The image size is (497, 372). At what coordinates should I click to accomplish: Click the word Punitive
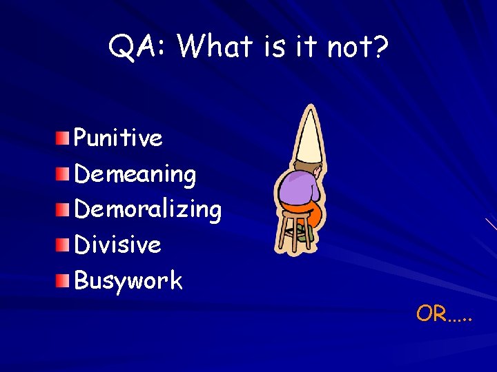click(118, 138)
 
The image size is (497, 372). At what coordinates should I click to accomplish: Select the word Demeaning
click(135, 174)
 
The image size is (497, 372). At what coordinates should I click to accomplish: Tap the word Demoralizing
click(147, 209)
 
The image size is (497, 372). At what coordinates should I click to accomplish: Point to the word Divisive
click(117, 245)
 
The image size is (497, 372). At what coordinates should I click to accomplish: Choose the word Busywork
click(128, 280)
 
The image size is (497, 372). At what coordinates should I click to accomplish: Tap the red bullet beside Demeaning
click(64, 174)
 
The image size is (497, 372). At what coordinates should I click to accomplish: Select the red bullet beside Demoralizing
click(64, 209)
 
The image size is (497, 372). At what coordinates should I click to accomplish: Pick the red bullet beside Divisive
click(64, 244)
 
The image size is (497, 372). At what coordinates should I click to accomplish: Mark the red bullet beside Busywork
click(64, 280)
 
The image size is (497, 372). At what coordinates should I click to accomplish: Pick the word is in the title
click(274, 46)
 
